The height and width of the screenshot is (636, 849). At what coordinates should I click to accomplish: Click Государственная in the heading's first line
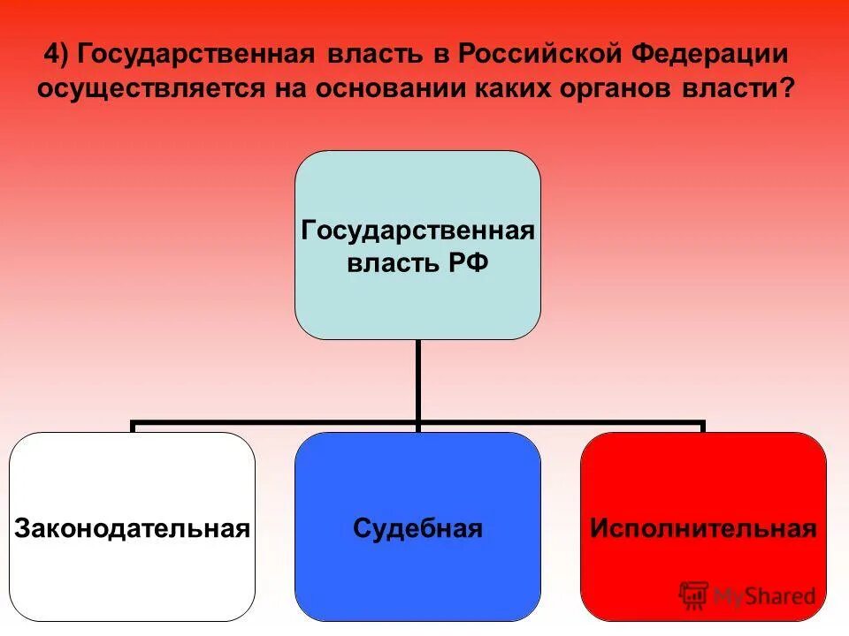195,55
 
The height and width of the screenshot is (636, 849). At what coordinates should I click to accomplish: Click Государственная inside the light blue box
417,231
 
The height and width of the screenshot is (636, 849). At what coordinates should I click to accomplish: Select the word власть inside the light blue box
390,264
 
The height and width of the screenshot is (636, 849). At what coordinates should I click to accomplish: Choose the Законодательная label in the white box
132,529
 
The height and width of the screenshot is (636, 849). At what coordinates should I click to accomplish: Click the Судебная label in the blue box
417,529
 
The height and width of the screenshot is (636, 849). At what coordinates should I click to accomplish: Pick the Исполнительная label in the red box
703,529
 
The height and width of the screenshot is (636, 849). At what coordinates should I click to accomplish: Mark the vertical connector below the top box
417,380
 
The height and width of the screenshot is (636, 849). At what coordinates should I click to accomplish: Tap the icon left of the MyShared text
694,595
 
